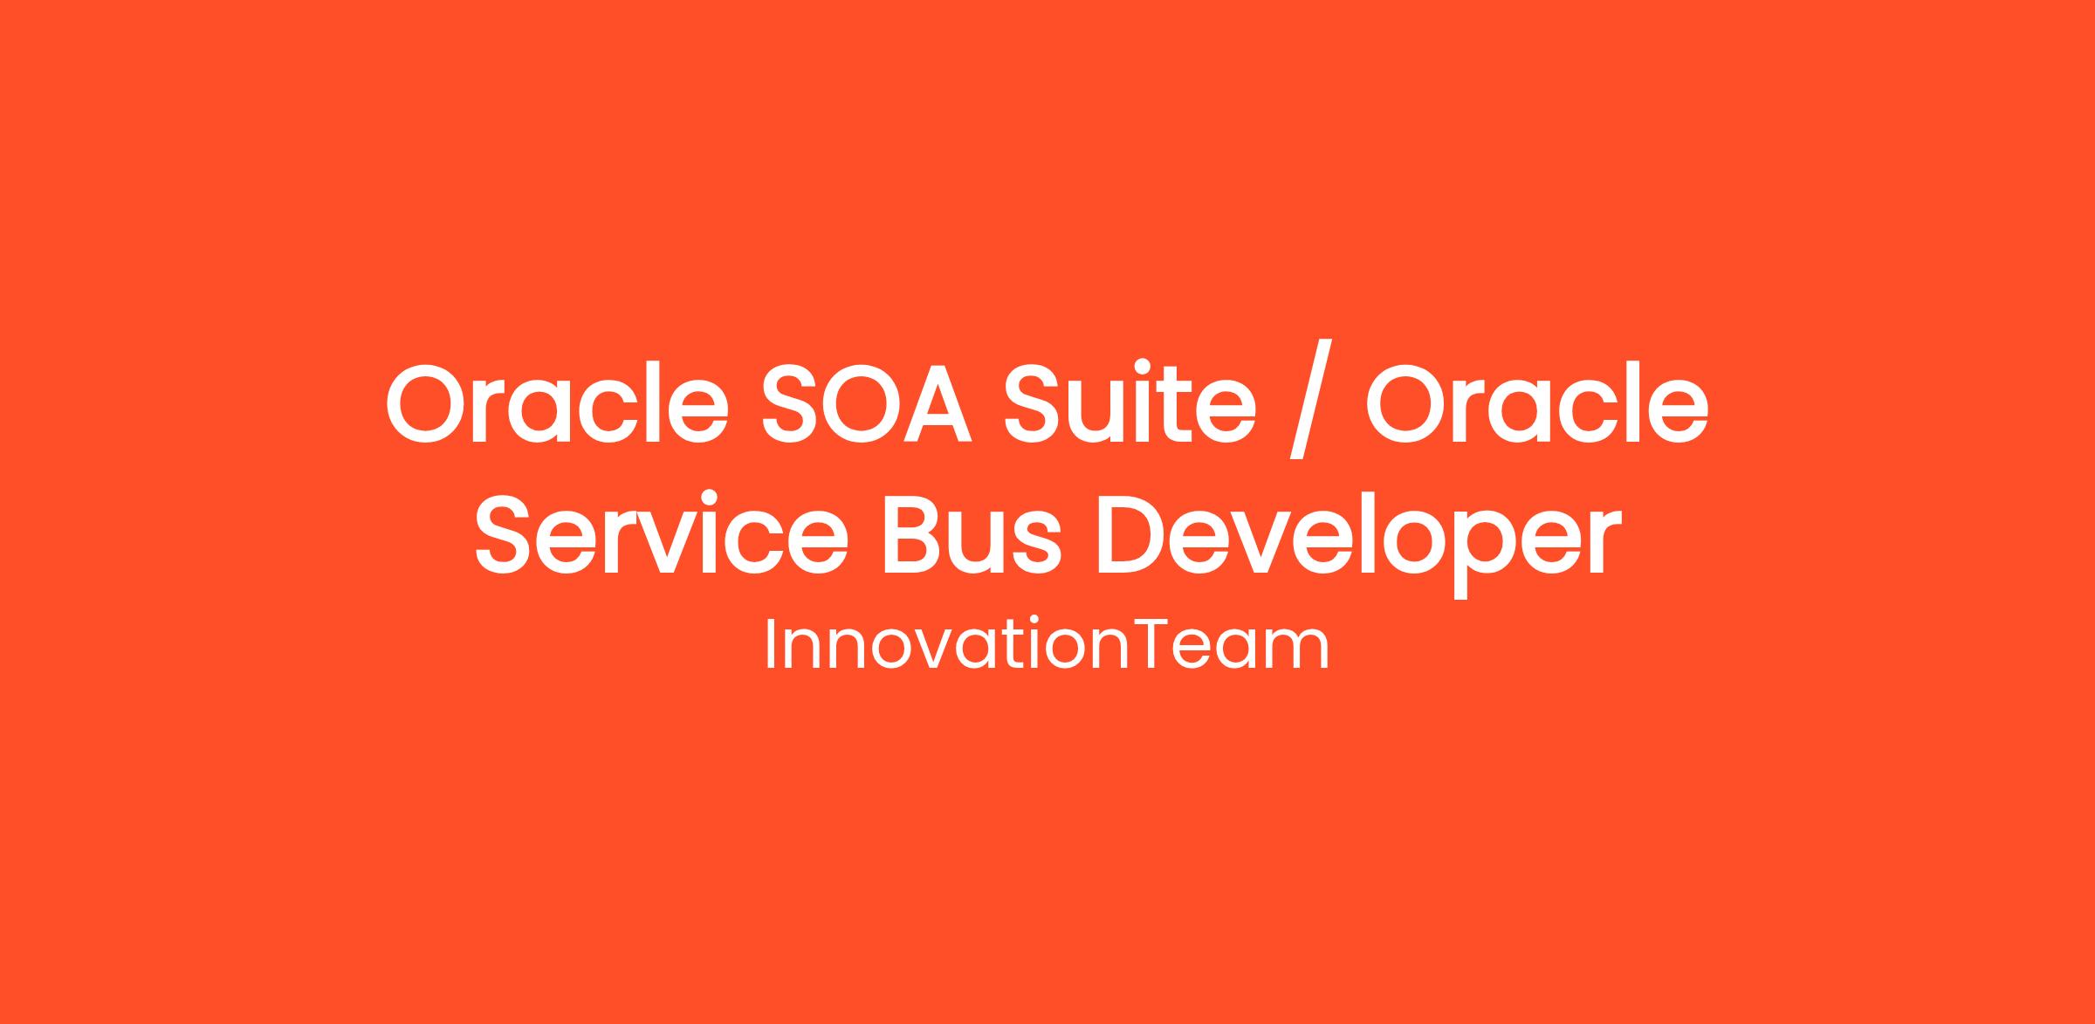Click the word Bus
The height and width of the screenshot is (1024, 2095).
click(972, 535)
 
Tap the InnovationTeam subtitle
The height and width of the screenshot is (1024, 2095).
click(1047, 645)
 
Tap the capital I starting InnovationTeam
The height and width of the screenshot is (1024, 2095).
click(770, 645)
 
